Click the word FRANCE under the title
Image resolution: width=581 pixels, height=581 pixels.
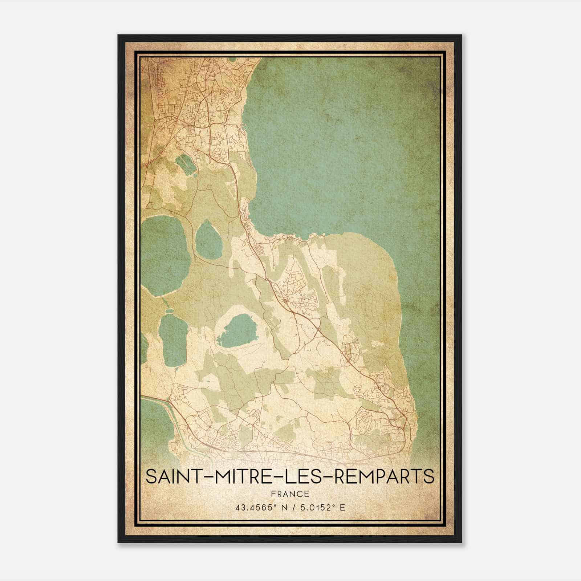click(290, 494)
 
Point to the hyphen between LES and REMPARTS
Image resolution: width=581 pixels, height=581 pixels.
click(333, 477)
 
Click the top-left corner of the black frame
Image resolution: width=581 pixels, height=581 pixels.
click(118, 35)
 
